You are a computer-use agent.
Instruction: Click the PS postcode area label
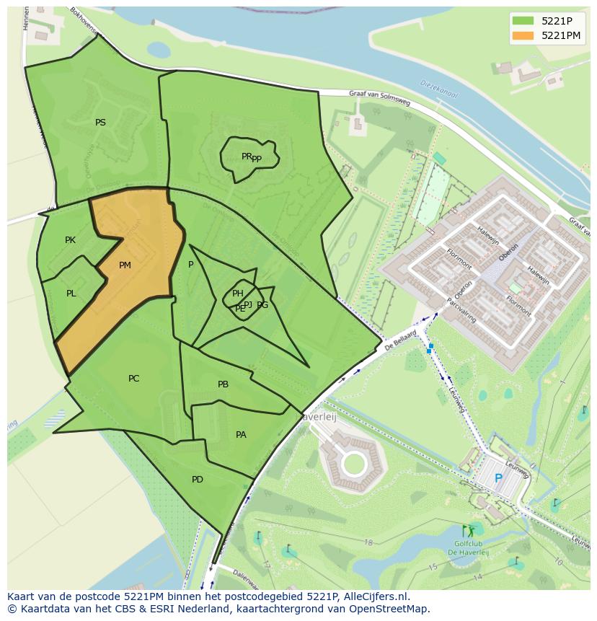[100, 123]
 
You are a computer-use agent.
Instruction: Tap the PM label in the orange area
[125, 265]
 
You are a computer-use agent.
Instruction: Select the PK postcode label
[70, 240]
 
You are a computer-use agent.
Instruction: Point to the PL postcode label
[71, 294]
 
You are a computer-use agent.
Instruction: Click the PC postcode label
[133, 379]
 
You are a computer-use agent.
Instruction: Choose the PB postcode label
[223, 384]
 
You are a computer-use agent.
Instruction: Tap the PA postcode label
[241, 435]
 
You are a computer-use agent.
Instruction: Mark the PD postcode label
[197, 480]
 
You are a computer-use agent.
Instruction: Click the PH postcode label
[237, 293]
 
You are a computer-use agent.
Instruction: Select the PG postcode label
[262, 305]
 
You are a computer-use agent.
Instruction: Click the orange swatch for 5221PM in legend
[523, 35]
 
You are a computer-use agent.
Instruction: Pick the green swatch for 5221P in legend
[523, 21]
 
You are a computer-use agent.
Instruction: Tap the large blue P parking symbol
[498, 478]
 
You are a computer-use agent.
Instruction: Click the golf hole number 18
[368, 542]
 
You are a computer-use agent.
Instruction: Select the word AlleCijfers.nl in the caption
[374, 597]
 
